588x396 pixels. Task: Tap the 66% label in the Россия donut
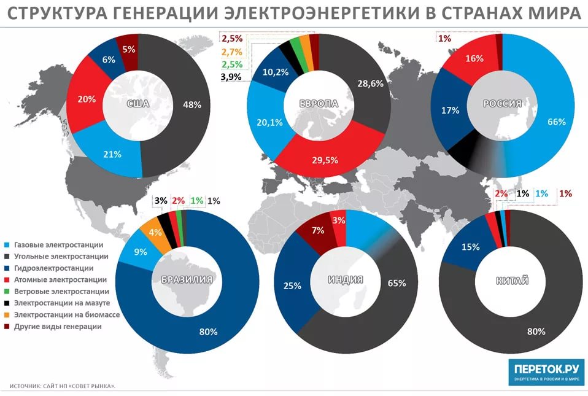[x=556, y=122]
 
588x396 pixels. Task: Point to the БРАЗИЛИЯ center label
[x=187, y=280]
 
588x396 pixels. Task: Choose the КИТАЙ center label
[x=511, y=281]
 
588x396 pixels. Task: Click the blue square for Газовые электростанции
[x=6, y=244]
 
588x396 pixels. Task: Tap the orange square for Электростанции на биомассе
[x=6, y=315]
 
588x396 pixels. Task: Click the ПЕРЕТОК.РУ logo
[x=546, y=372]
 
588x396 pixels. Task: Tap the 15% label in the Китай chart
[x=470, y=247]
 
